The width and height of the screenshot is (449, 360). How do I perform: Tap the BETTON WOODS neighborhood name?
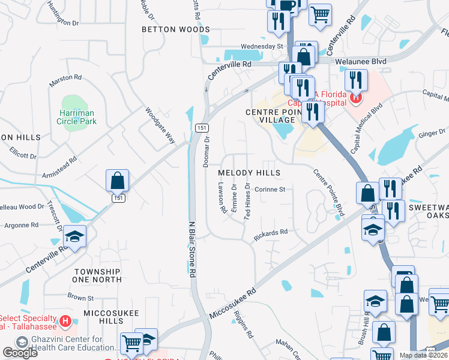175,29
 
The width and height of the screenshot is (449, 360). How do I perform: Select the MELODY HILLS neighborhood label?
249,173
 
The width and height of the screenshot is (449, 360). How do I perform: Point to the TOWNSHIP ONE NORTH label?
97,275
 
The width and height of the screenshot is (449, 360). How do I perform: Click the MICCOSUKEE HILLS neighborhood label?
112,317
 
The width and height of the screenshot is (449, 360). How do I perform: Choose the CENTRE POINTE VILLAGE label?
270,116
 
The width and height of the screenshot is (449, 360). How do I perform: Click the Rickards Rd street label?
270,234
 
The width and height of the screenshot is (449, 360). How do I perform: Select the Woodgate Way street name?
160,125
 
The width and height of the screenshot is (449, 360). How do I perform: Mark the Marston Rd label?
65,77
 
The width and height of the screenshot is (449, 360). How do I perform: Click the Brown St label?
80,297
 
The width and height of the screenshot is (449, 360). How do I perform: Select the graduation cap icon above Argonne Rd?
76,236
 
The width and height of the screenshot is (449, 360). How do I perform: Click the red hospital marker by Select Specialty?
65,323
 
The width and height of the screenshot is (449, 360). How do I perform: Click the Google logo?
20,352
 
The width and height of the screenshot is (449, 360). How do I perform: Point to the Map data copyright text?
423,355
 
